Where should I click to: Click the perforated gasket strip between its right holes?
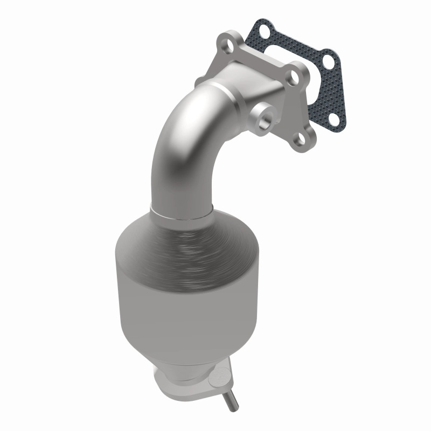[x=331, y=92]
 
